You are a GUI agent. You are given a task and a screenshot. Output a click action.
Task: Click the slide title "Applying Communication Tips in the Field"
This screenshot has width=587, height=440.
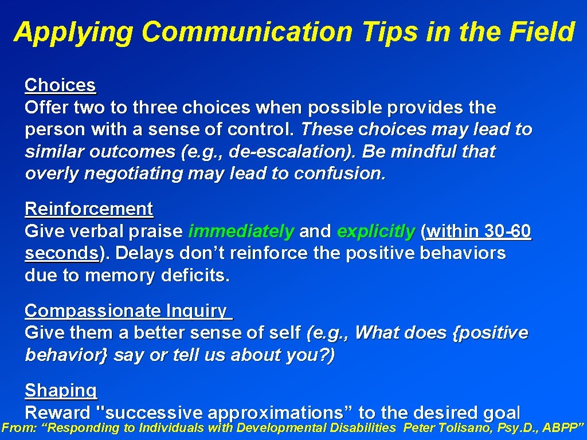293,32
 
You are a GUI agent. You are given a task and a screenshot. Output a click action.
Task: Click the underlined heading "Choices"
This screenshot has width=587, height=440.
60,85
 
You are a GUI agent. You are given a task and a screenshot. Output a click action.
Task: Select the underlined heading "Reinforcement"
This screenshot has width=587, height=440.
89,209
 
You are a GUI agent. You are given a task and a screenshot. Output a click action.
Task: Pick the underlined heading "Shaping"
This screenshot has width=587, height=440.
61,391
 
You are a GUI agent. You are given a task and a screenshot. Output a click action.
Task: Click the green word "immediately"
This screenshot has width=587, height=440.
241,231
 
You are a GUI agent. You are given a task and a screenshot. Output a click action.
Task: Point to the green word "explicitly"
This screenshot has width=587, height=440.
376,231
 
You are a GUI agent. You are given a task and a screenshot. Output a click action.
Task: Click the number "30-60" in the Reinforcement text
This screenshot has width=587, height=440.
507,231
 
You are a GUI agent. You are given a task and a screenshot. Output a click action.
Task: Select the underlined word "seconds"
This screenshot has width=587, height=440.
61,254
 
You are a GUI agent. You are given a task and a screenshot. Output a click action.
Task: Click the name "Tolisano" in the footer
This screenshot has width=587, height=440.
464,428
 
